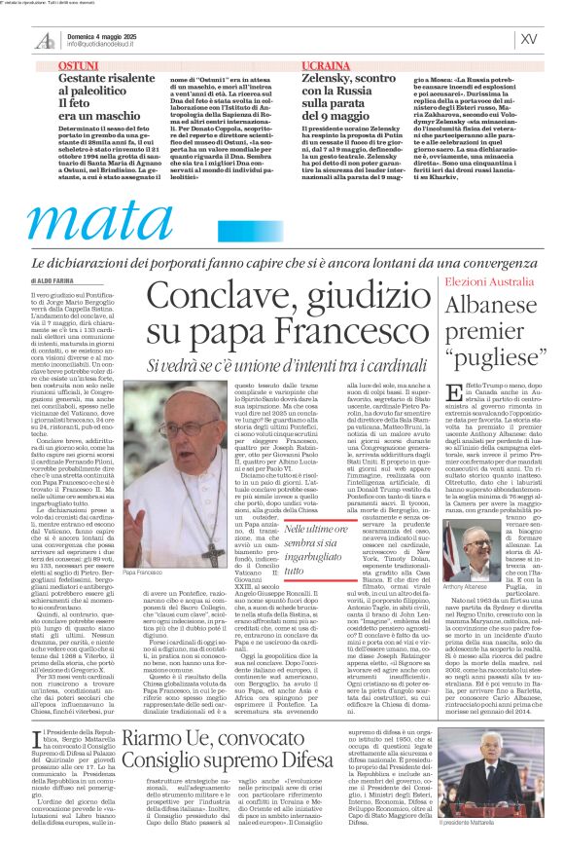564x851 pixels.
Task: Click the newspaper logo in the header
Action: (x=44, y=39)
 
